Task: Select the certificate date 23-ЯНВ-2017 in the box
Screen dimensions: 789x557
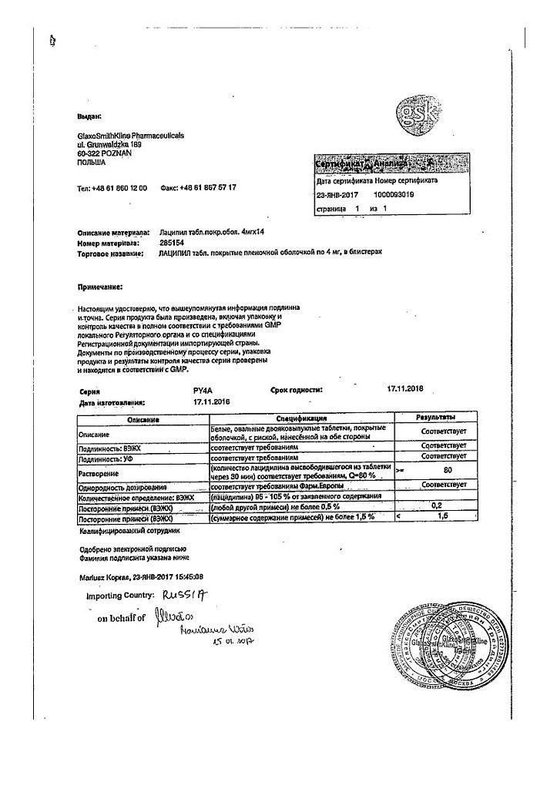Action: (x=340, y=195)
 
